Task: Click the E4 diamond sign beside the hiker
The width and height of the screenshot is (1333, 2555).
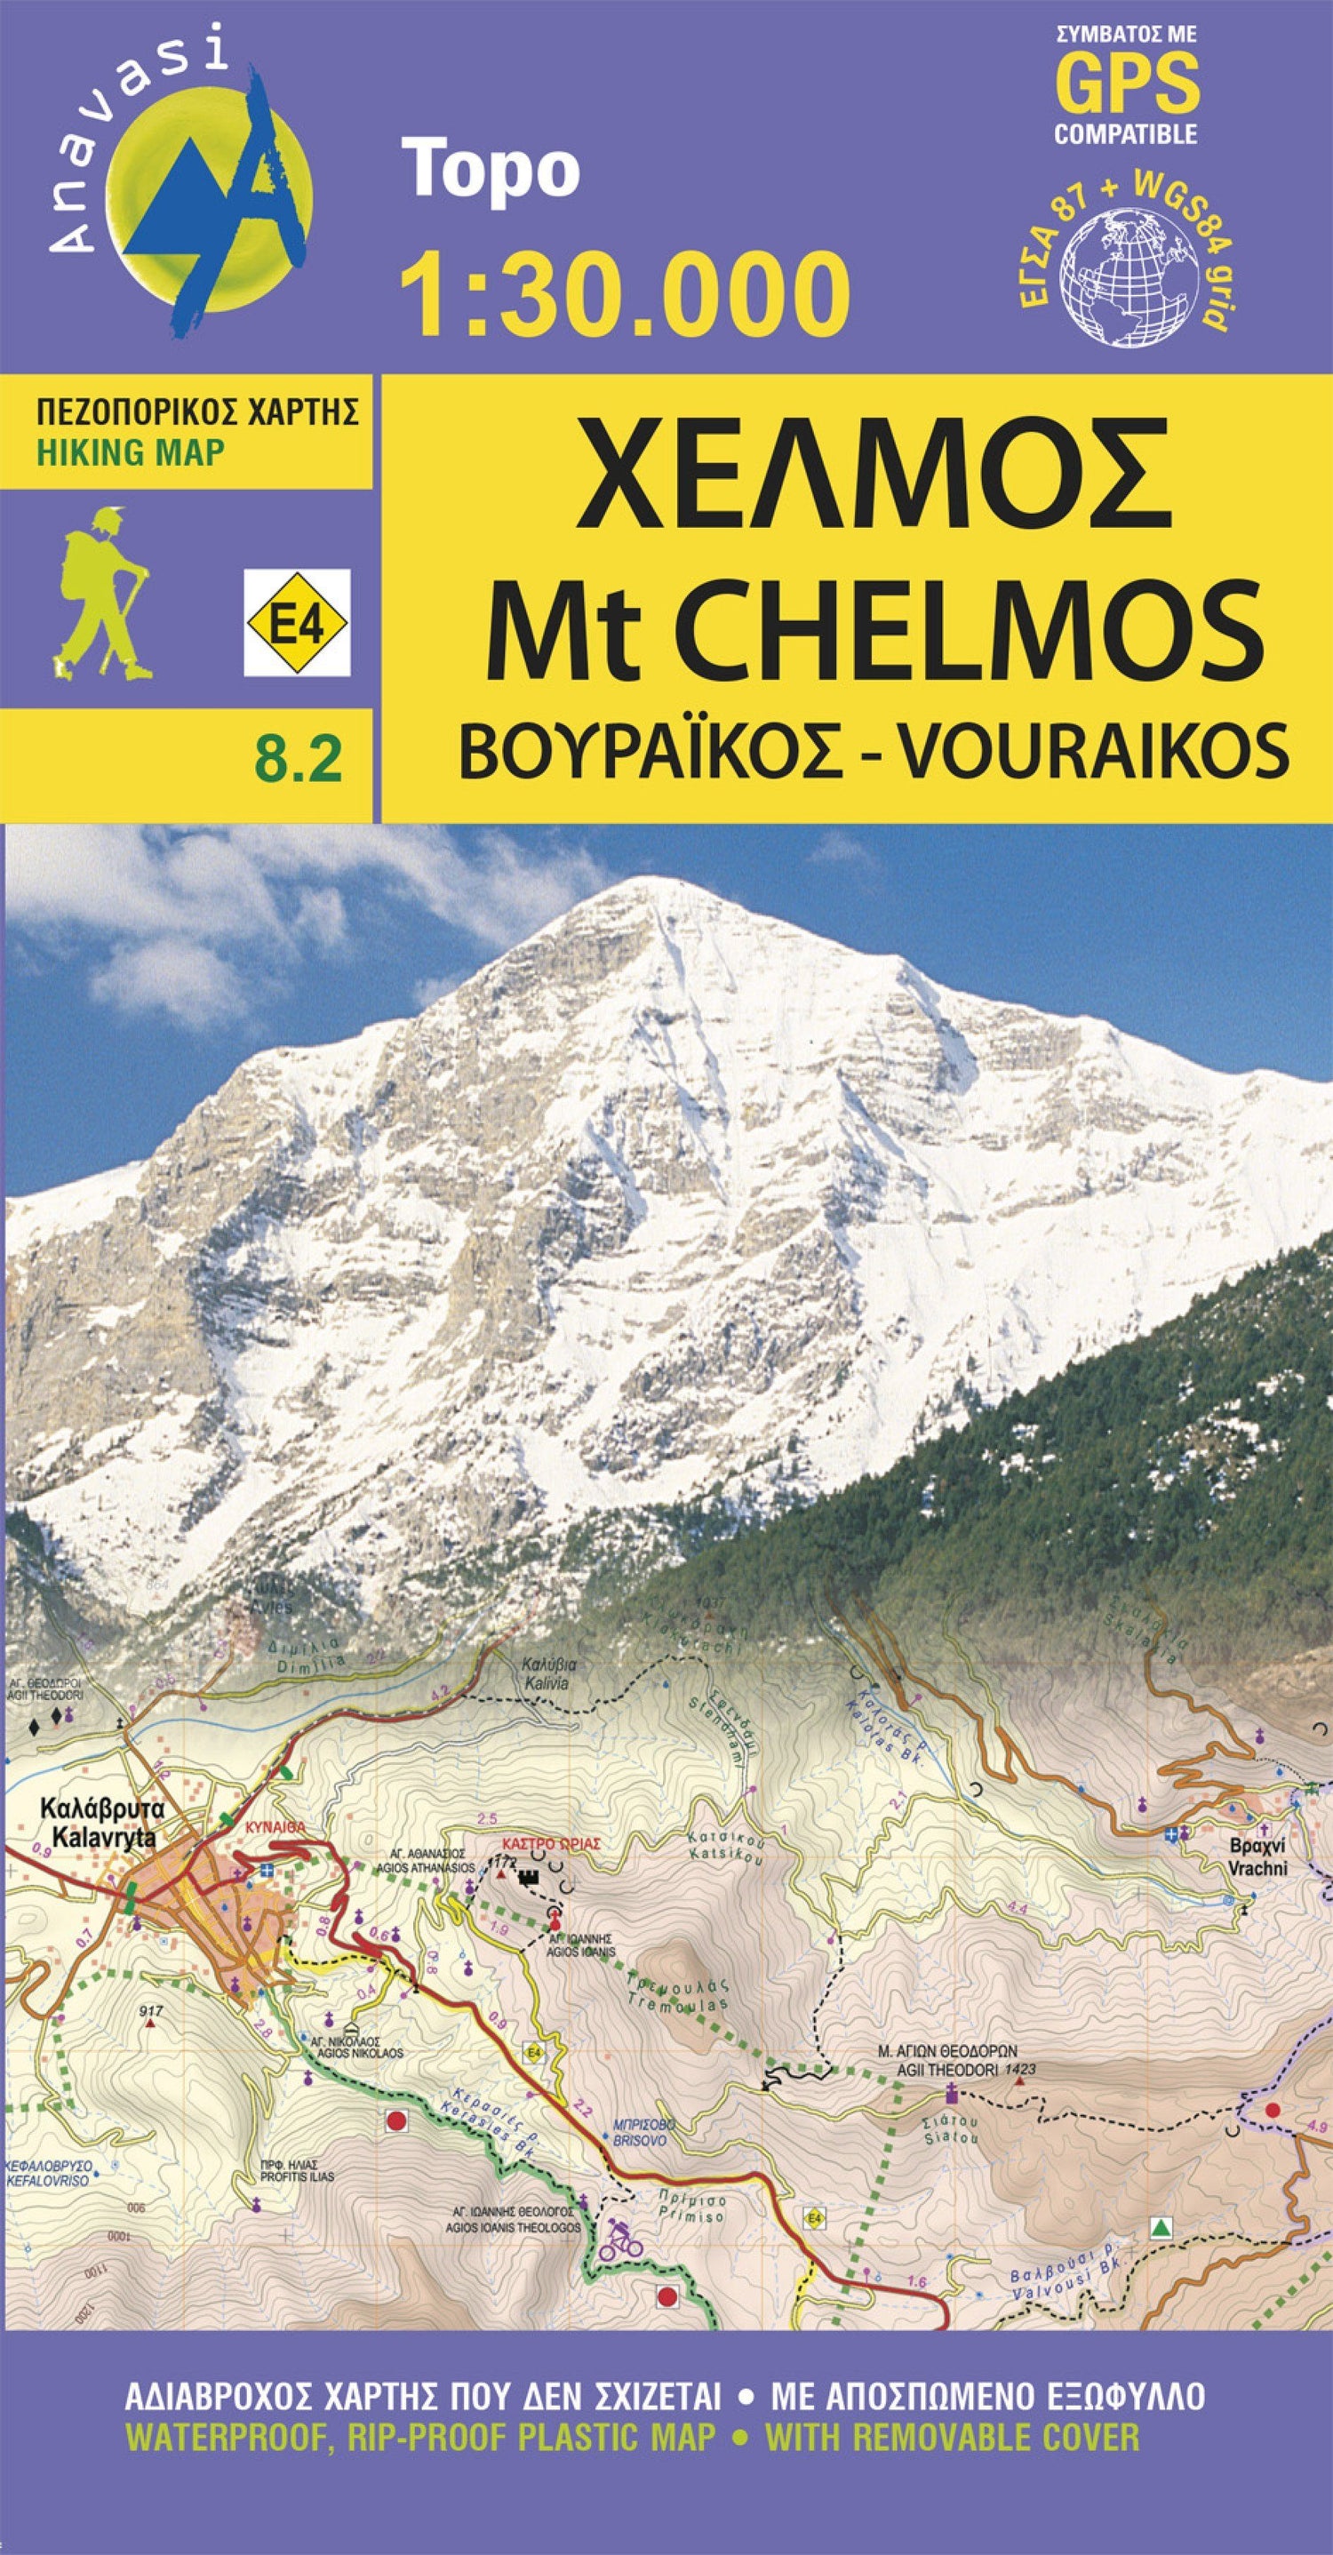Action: pyautogui.click(x=297, y=623)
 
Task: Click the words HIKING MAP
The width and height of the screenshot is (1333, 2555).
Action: pyautogui.click(x=131, y=453)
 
